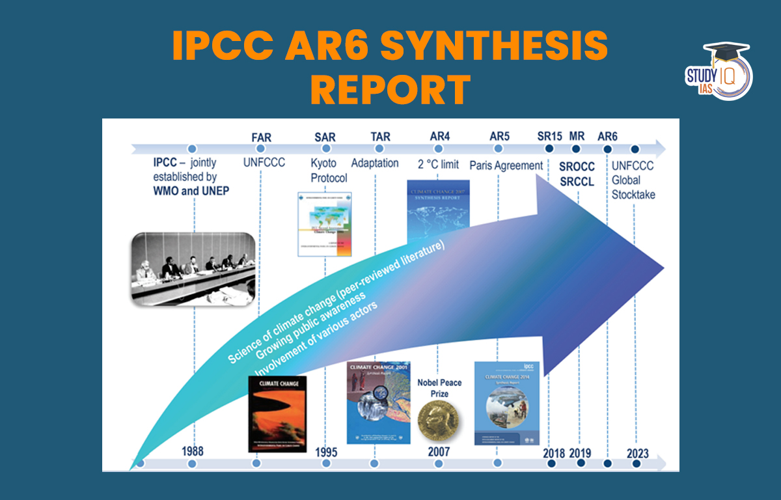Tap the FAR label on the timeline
tap(261, 137)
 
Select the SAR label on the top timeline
tap(325, 137)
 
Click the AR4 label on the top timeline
tap(440, 137)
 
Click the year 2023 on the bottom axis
tap(637, 453)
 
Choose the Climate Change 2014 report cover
tap(507, 404)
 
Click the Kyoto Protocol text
tap(329, 171)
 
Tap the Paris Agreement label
tap(506, 165)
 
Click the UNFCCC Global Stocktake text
tap(633, 180)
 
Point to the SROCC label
tap(577, 167)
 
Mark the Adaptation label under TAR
tap(375, 163)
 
